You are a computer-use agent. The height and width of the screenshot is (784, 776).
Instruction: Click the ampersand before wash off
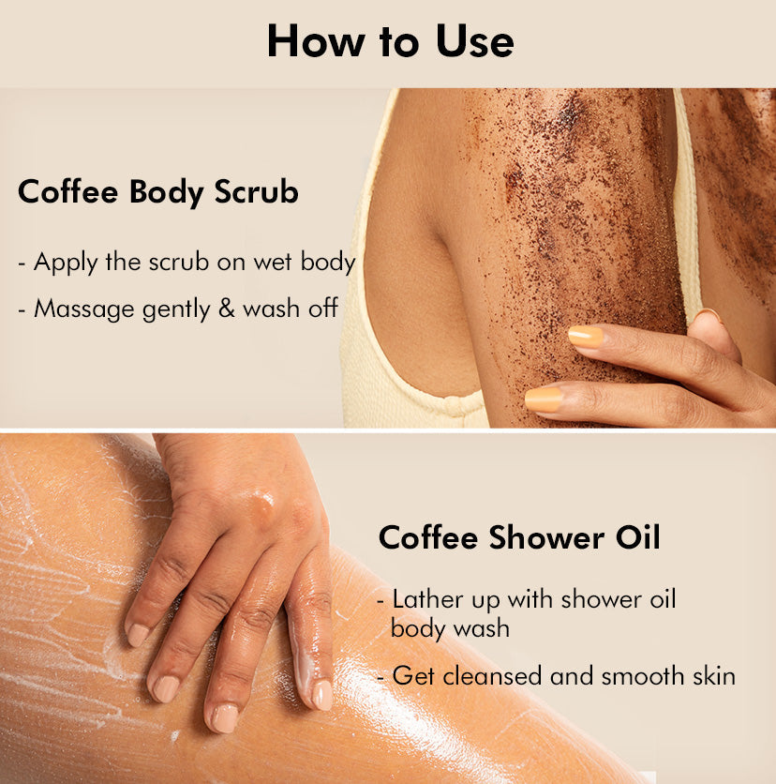(x=226, y=309)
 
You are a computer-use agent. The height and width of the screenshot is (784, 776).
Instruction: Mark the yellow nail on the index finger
(x=586, y=337)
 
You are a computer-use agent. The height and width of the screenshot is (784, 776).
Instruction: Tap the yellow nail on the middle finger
(x=545, y=399)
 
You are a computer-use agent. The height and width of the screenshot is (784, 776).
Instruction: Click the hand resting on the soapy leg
(x=234, y=563)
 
